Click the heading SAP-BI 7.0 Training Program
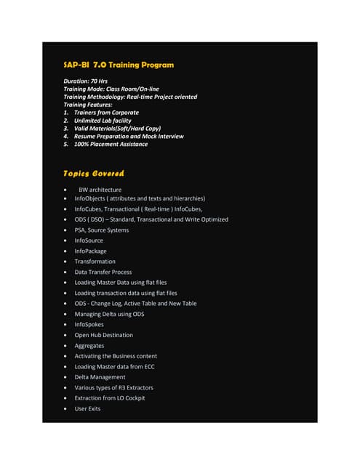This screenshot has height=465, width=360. click(119, 65)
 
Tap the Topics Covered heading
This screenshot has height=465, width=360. click(94, 173)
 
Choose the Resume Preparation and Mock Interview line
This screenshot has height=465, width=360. click(128, 136)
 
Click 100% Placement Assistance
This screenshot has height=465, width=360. click(110, 144)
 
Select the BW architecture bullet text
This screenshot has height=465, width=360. click(100, 190)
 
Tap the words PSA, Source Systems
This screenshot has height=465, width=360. click(102, 230)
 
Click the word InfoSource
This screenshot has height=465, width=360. click(90, 240)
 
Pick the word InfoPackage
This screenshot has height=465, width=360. click(91, 251)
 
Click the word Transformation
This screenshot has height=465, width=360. click(95, 262)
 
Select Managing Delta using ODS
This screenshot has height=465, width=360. click(109, 314)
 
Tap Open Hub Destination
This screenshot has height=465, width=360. click(104, 335)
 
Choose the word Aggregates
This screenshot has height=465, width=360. click(89, 346)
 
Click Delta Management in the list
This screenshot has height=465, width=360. click(100, 377)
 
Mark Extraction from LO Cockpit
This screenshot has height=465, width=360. click(110, 398)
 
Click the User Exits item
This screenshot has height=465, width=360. click(88, 408)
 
